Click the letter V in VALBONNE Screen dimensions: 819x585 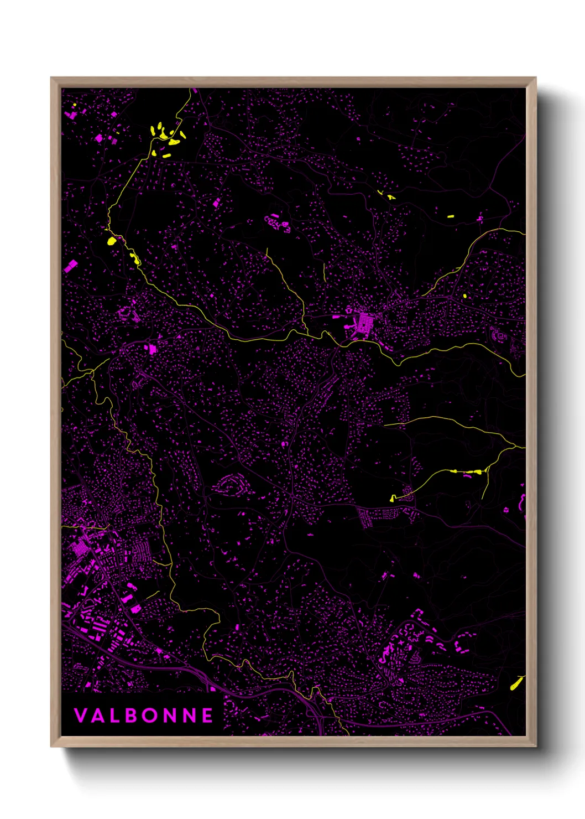coord(80,716)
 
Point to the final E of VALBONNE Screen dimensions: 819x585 coord(207,716)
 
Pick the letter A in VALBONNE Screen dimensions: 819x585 coord(97,716)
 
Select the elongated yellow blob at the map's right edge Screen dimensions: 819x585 coord(516,684)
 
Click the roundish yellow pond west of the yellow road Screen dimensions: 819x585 coord(111,241)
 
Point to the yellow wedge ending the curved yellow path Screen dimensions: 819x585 coord(393,498)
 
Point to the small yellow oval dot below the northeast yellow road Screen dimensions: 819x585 coord(465,296)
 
